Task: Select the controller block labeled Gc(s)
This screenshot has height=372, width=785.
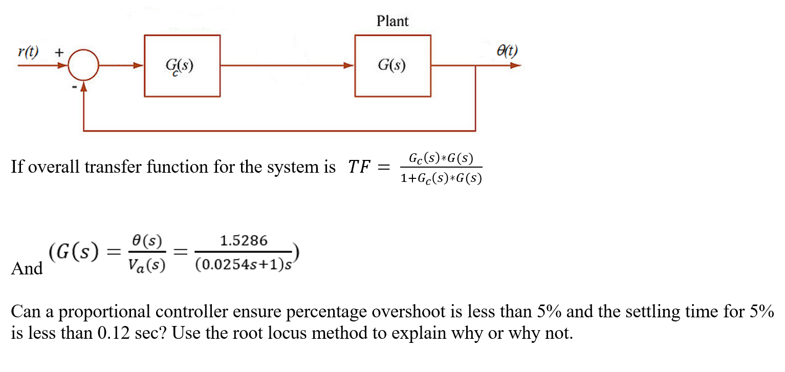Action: (x=182, y=65)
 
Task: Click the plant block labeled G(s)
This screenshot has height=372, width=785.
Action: (x=392, y=65)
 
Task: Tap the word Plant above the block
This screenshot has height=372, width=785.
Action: (x=392, y=21)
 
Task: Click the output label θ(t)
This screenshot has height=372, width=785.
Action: (x=507, y=51)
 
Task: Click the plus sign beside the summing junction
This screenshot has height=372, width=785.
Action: (x=60, y=52)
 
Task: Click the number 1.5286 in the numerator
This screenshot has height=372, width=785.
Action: (x=243, y=241)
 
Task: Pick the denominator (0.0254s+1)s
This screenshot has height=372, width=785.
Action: (x=243, y=266)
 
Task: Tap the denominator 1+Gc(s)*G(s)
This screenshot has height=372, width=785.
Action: (x=442, y=178)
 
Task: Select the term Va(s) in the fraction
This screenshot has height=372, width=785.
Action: (x=148, y=266)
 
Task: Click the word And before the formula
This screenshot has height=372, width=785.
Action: (x=27, y=268)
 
